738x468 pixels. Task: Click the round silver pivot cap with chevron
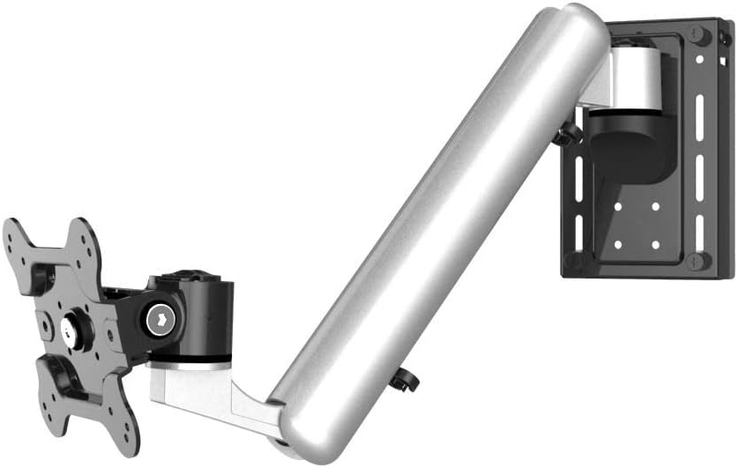coord(161,317)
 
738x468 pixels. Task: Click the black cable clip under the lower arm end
coord(406,381)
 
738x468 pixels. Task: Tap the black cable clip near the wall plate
coord(568,135)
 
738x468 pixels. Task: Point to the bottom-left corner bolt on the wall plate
coord(575,261)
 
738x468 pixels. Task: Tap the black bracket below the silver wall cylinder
coord(628,145)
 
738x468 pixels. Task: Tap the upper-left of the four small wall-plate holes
coord(618,206)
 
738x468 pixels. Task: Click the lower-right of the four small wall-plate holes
coord(654,244)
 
